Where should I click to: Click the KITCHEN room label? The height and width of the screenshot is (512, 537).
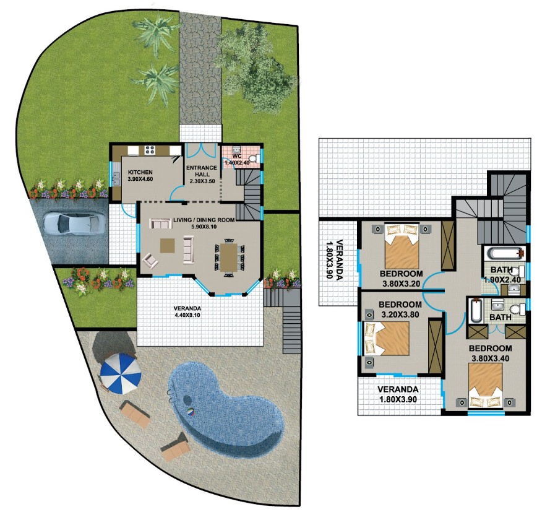140,172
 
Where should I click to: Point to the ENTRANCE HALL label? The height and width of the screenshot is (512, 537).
202,171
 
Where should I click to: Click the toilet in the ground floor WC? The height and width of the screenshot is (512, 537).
253,159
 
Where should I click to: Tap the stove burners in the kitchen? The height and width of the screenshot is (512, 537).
150,150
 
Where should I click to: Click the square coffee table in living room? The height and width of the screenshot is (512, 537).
168,245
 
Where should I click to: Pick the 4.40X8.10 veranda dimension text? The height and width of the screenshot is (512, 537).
187,315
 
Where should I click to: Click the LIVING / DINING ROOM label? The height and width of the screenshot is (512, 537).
204,220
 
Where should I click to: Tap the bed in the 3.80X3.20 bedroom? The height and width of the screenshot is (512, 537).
402,246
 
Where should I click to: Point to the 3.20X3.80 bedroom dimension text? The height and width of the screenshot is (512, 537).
400,315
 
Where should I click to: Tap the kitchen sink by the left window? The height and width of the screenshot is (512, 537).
116,178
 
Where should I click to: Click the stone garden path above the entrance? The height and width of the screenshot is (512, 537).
200,68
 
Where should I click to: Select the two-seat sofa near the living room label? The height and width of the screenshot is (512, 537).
161,223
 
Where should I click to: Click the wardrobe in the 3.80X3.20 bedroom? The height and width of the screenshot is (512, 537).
447,245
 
